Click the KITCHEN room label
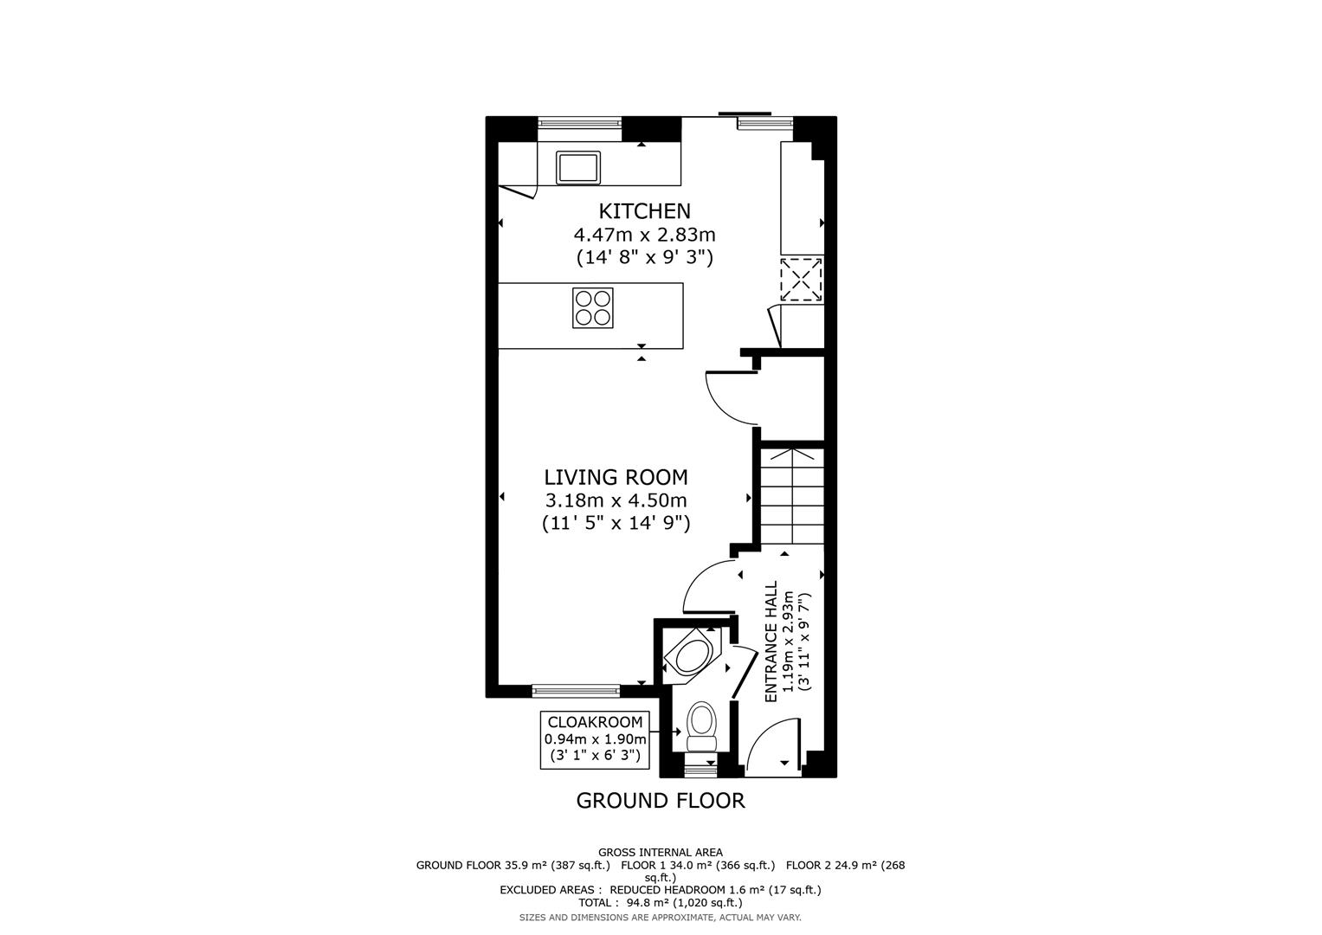tap(645, 211)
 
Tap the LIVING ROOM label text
tap(616, 477)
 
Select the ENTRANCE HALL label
tap(771, 642)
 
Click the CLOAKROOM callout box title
tap(595, 722)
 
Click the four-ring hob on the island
tap(592, 307)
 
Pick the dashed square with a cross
tap(801, 280)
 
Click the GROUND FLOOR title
tap(660, 801)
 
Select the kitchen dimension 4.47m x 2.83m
tap(644, 235)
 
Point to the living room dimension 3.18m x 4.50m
tap(616, 500)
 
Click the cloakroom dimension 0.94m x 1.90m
tap(595, 739)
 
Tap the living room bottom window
tap(576, 690)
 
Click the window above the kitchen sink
tap(580, 124)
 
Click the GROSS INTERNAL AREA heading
tap(660, 853)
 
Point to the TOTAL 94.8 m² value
tap(660, 902)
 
